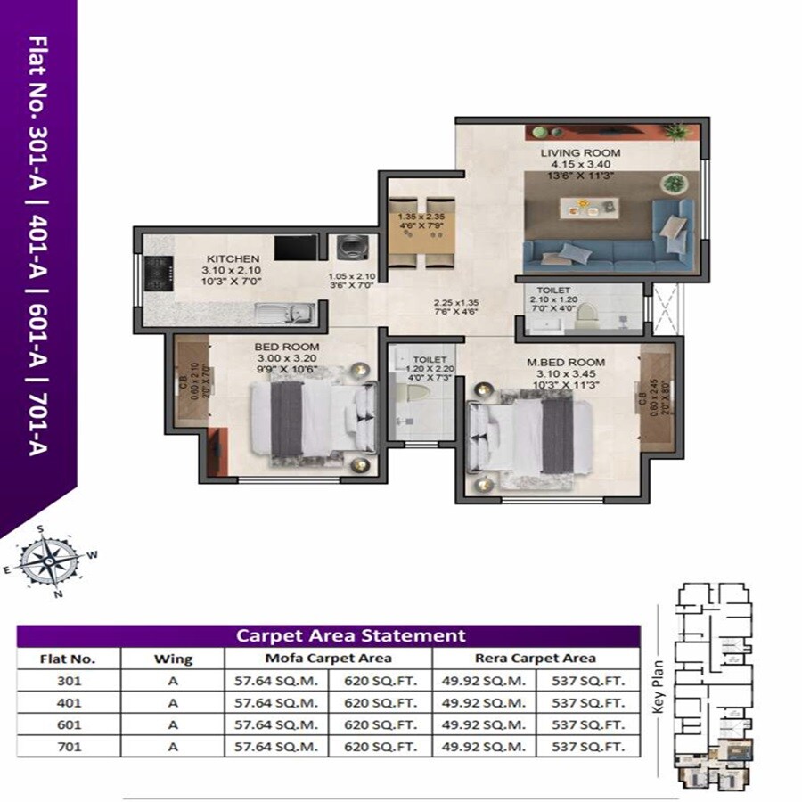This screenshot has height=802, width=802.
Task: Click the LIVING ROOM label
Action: (x=580, y=153)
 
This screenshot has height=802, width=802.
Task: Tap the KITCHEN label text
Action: (x=227, y=258)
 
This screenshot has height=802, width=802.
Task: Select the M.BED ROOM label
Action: (x=566, y=363)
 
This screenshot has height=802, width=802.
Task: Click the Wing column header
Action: (x=173, y=659)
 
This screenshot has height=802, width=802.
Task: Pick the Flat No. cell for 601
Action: (x=68, y=724)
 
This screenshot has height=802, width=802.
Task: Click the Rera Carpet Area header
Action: (x=536, y=659)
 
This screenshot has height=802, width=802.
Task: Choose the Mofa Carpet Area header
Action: (x=328, y=659)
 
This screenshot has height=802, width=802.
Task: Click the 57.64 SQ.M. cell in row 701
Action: (x=276, y=747)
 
